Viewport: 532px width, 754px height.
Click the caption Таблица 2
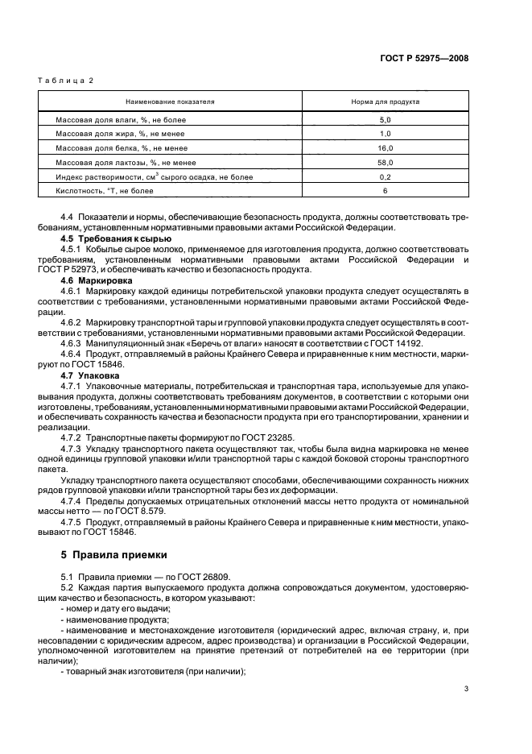pyautogui.click(x=66, y=82)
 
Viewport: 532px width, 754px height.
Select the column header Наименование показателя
pyautogui.click(x=169, y=103)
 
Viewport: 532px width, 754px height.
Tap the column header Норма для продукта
pyautogui.click(x=385, y=103)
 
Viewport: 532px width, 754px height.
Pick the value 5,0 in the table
pyautogui.click(x=385, y=119)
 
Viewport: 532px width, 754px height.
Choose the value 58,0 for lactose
pyautogui.click(x=385, y=162)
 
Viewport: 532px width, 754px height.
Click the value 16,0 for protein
pyautogui.click(x=385, y=148)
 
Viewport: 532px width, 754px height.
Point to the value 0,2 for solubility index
pyautogui.click(x=385, y=176)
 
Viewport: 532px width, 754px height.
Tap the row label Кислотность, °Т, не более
pyautogui.click(x=104, y=191)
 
